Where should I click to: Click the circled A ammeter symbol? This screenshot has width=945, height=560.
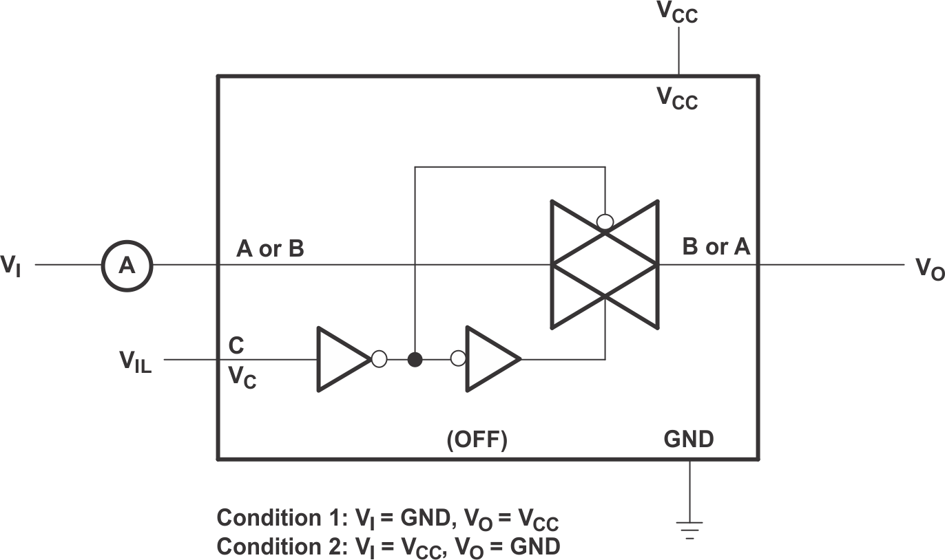tap(127, 265)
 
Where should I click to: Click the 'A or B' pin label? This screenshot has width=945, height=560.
tap(270, 249)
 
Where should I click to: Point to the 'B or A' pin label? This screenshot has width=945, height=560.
tap(716, 247)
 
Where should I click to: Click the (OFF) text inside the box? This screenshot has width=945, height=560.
tap(477, 440)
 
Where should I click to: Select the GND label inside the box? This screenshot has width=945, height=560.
tap(689, 439)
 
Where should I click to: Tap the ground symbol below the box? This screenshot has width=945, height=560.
tap(689, 529)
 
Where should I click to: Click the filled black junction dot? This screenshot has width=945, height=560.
tap(415, 359)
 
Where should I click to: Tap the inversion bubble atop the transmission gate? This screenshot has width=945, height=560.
tap(605, 222)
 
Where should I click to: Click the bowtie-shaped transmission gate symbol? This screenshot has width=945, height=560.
tap(605, 264)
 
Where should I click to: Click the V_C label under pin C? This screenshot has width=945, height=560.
tap(242, 377)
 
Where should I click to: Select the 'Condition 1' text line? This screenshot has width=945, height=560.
tap(393, 517)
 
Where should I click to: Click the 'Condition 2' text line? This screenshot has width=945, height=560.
tap(388, 546)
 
